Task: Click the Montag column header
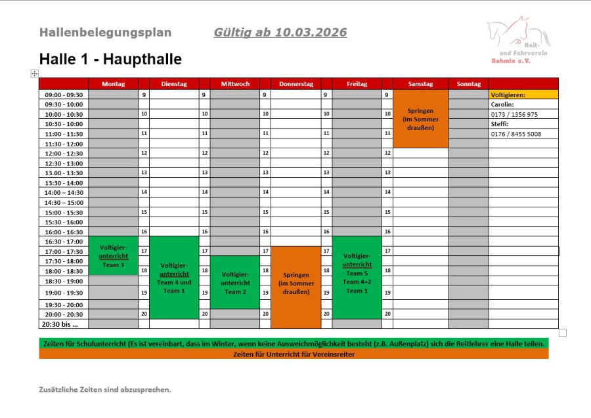point(113,84)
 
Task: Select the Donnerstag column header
point(295,84)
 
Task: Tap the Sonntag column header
point(468,84)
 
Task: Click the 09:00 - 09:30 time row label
point(64,94)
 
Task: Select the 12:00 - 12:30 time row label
point(64,153)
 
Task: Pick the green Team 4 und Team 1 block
point(174,277)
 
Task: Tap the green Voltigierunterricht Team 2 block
point(234,282)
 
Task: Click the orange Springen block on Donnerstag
point(295,287)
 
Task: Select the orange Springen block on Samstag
point(420,119)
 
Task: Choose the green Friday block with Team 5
point(357,277)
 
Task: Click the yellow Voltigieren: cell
point(523,94)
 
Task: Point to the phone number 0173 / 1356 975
point(514,114)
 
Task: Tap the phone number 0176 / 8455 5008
point(516,134)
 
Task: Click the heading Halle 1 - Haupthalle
point(110,59)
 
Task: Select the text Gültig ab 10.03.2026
point(280,33)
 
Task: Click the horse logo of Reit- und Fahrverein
point(518,39)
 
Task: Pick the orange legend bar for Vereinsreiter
point(294,354)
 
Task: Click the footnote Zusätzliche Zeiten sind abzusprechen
point(105,389)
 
